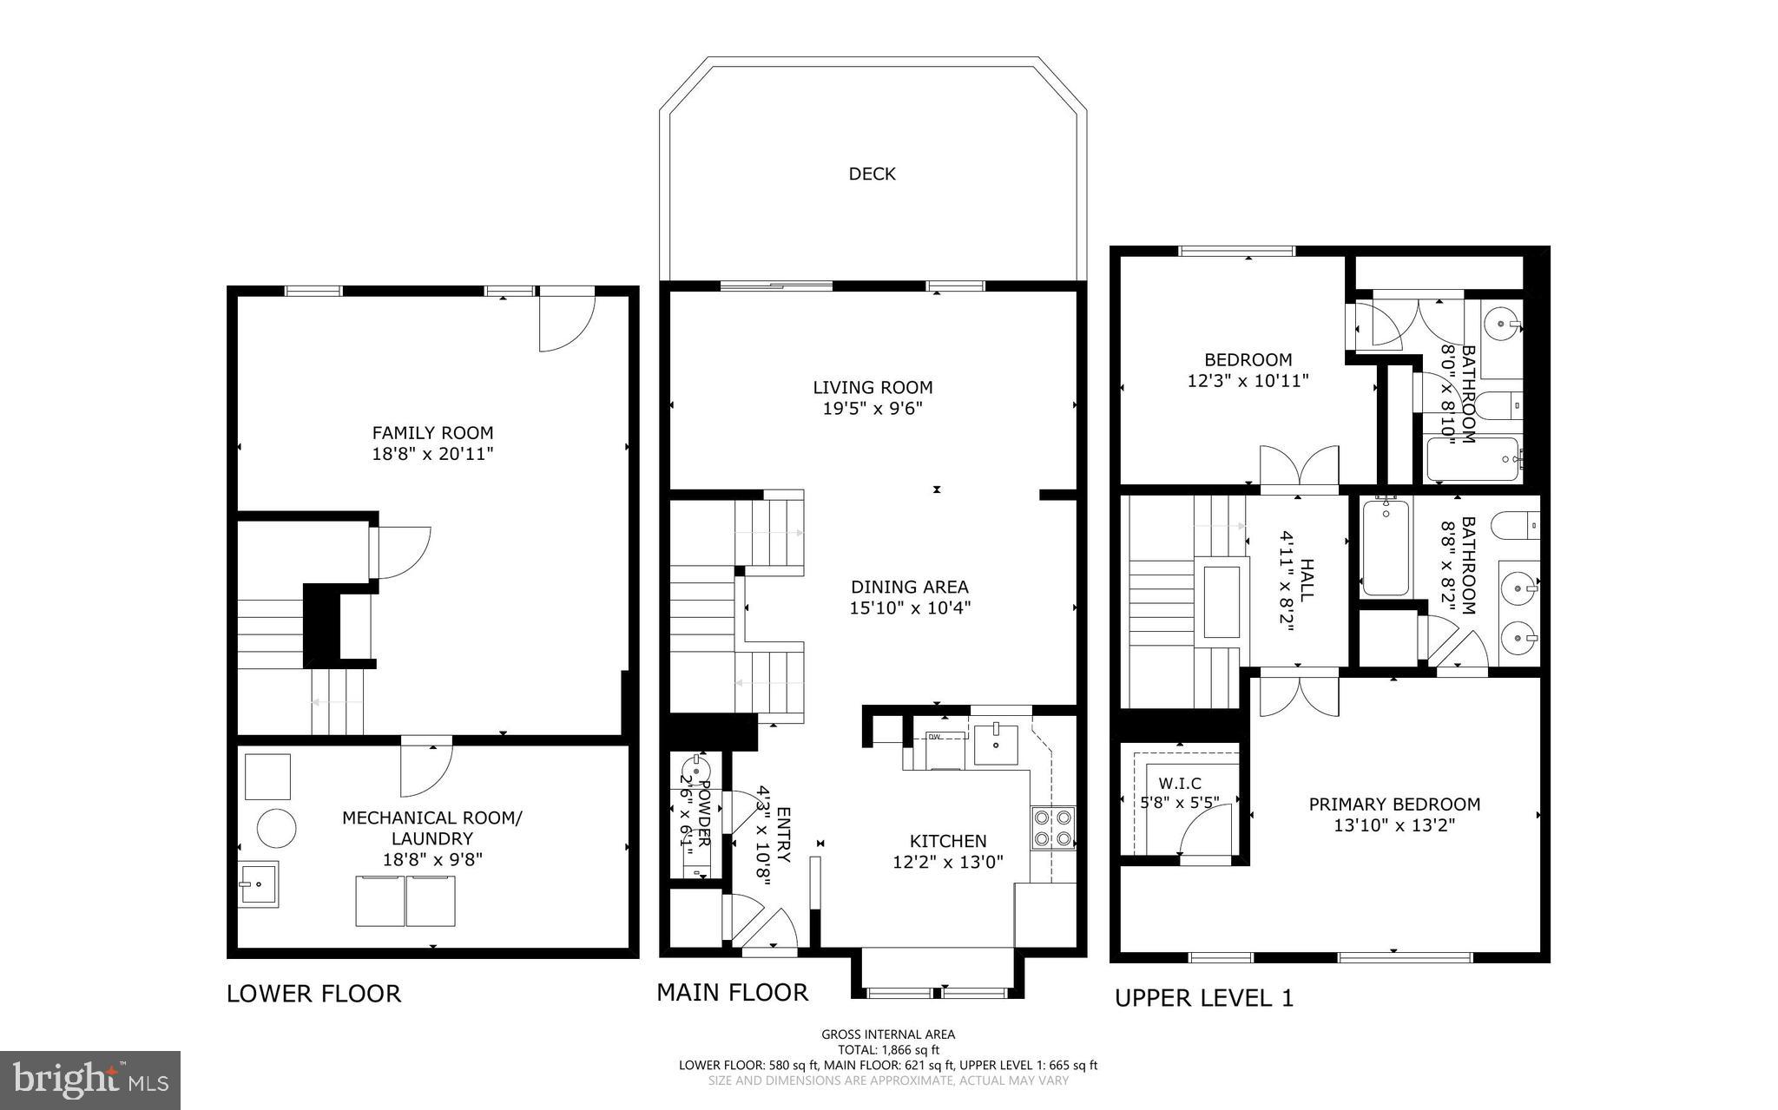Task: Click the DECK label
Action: pyautogui.click(x=872, y=174)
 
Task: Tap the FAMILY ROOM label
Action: pyautogui.click(x=432, y=432)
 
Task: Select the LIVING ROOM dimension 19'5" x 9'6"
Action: pyautogui.click(x=872, y=409)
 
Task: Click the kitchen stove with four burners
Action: pyautogui.click(x=1052, y=828)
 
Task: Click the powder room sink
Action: pyautogui.click(x=695, y=768)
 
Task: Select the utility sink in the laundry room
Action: pyautogui.click(x=258, y=884)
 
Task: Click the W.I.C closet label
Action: pyautogui.click(x=1179, y=784)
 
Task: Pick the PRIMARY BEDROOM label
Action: pyautogui.click(x=1394, y=805)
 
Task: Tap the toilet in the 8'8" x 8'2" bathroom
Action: pyautogui.click(x=1516, y=525)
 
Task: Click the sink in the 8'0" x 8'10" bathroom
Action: pyautogui.click(x=1502, y=326)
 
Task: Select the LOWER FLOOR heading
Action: pyautogui.click(x=313, y=994)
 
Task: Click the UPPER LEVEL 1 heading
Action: pyautogui.click(x=1203, y=998)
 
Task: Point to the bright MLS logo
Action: pyautogui.click(x=90, y=1080)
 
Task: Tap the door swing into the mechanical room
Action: pyautogui.click(x=425, y=768)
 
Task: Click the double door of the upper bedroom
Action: pyautogui.click(x=1299, y=468)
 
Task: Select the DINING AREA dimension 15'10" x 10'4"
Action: pyautogui.click(x=909, y=608)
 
